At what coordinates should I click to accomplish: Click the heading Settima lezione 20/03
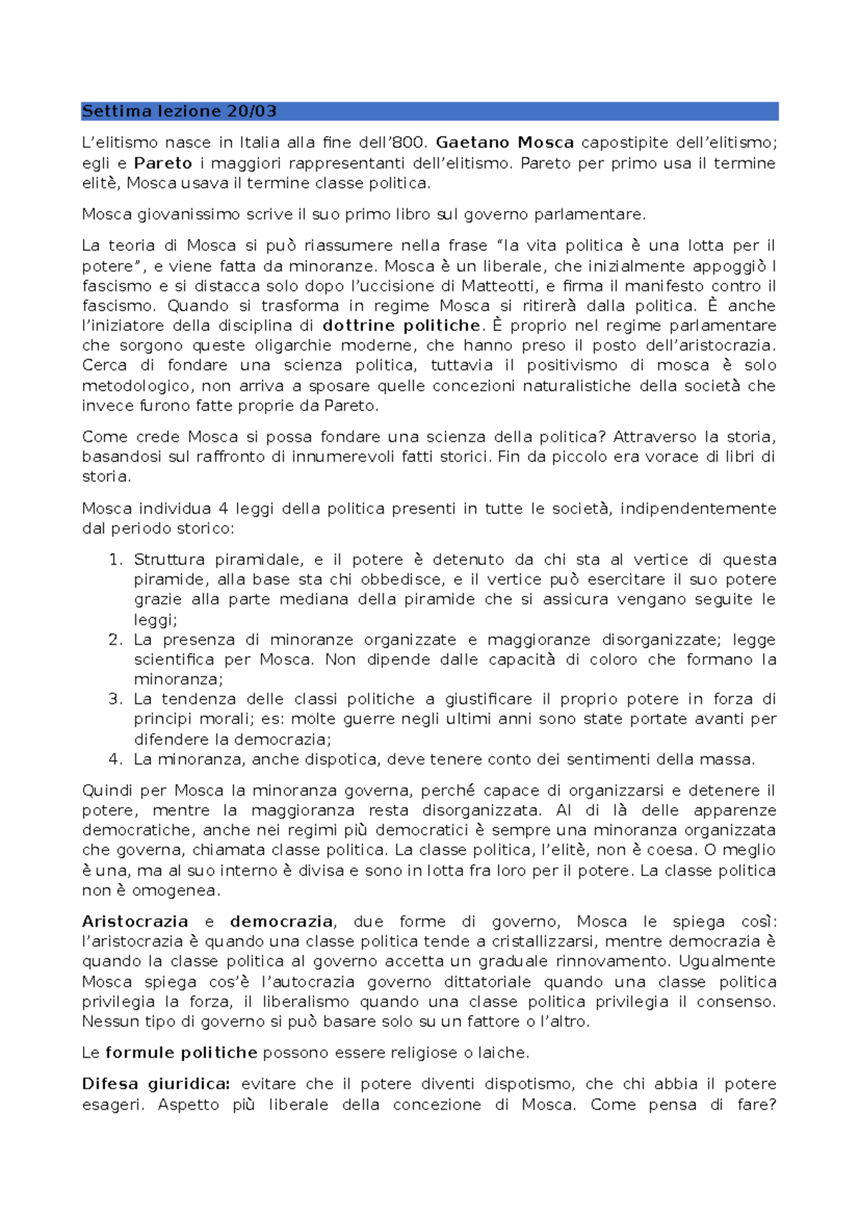pos(179,111)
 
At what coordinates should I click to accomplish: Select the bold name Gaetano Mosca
pos(505,143)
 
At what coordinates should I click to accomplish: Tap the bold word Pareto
pos(163,163)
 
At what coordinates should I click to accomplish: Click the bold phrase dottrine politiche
pos(402,326)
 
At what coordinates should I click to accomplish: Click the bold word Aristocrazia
pos(135,922)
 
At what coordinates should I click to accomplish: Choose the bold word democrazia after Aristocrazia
pos(281,922)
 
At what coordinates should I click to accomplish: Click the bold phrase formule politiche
pos(181,1053)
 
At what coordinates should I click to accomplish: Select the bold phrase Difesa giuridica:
pos(156,1084)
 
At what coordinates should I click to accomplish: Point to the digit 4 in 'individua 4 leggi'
pos(223,509)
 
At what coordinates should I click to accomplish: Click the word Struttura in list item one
pos(170,559)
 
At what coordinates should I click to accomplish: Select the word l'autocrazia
pos(308,982)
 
